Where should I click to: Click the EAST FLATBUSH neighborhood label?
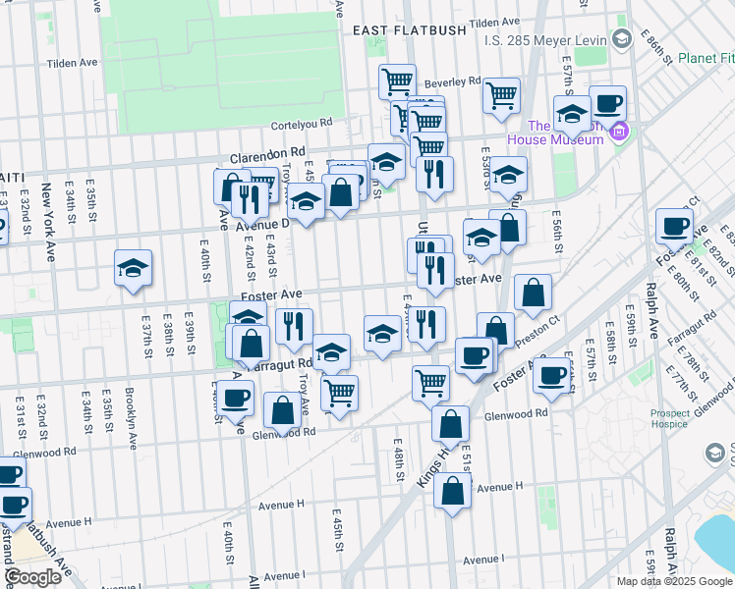410,30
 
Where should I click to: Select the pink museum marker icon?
618,132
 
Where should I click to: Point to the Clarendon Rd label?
267,155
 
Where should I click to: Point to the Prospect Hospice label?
670,419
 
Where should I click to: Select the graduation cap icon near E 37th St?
133,268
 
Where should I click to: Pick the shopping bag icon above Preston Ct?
532,292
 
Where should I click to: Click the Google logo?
33,576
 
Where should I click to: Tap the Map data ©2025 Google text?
673,581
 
